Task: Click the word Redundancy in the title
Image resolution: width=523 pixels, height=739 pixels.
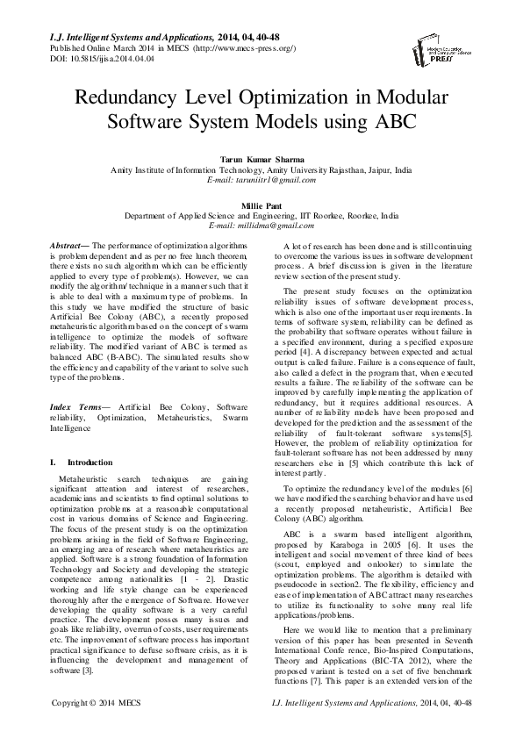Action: pos(143,97)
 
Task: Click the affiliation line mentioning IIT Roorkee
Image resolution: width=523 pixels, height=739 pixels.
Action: pos(261,214)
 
